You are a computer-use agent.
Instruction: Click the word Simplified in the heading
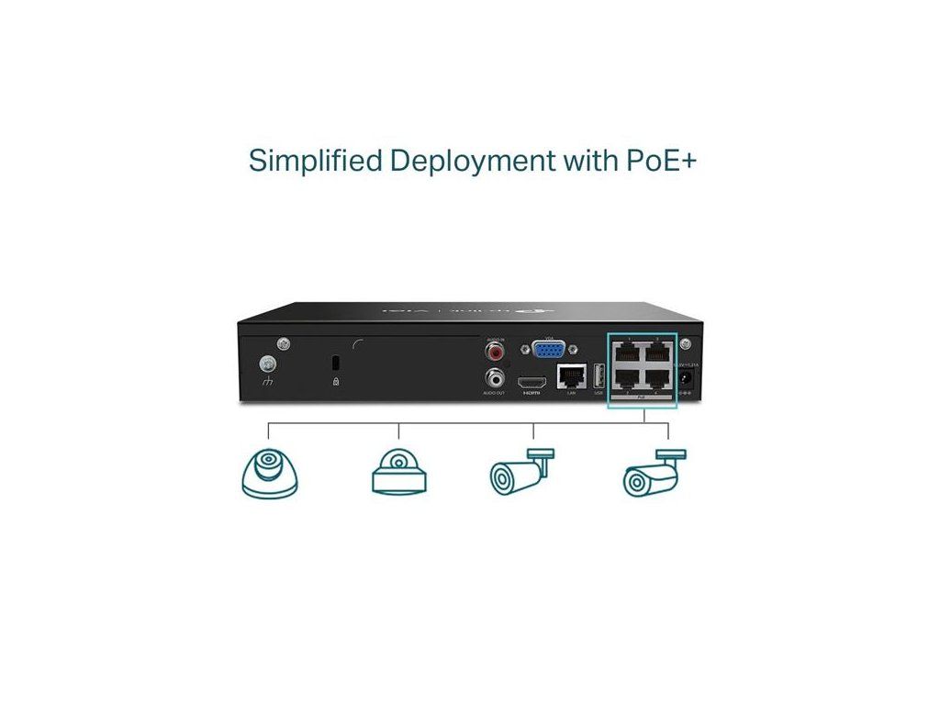[316, 161]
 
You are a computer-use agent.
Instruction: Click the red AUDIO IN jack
[497, 352]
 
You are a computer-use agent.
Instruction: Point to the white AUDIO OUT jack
[497, 376]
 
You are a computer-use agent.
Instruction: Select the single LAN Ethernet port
[571, 376]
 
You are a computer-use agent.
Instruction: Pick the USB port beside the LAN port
[599, 376]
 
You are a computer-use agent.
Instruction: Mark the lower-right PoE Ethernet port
[658, 377]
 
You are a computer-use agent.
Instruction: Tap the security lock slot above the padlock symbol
[335, 360]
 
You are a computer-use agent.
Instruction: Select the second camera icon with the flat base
[398, 473]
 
